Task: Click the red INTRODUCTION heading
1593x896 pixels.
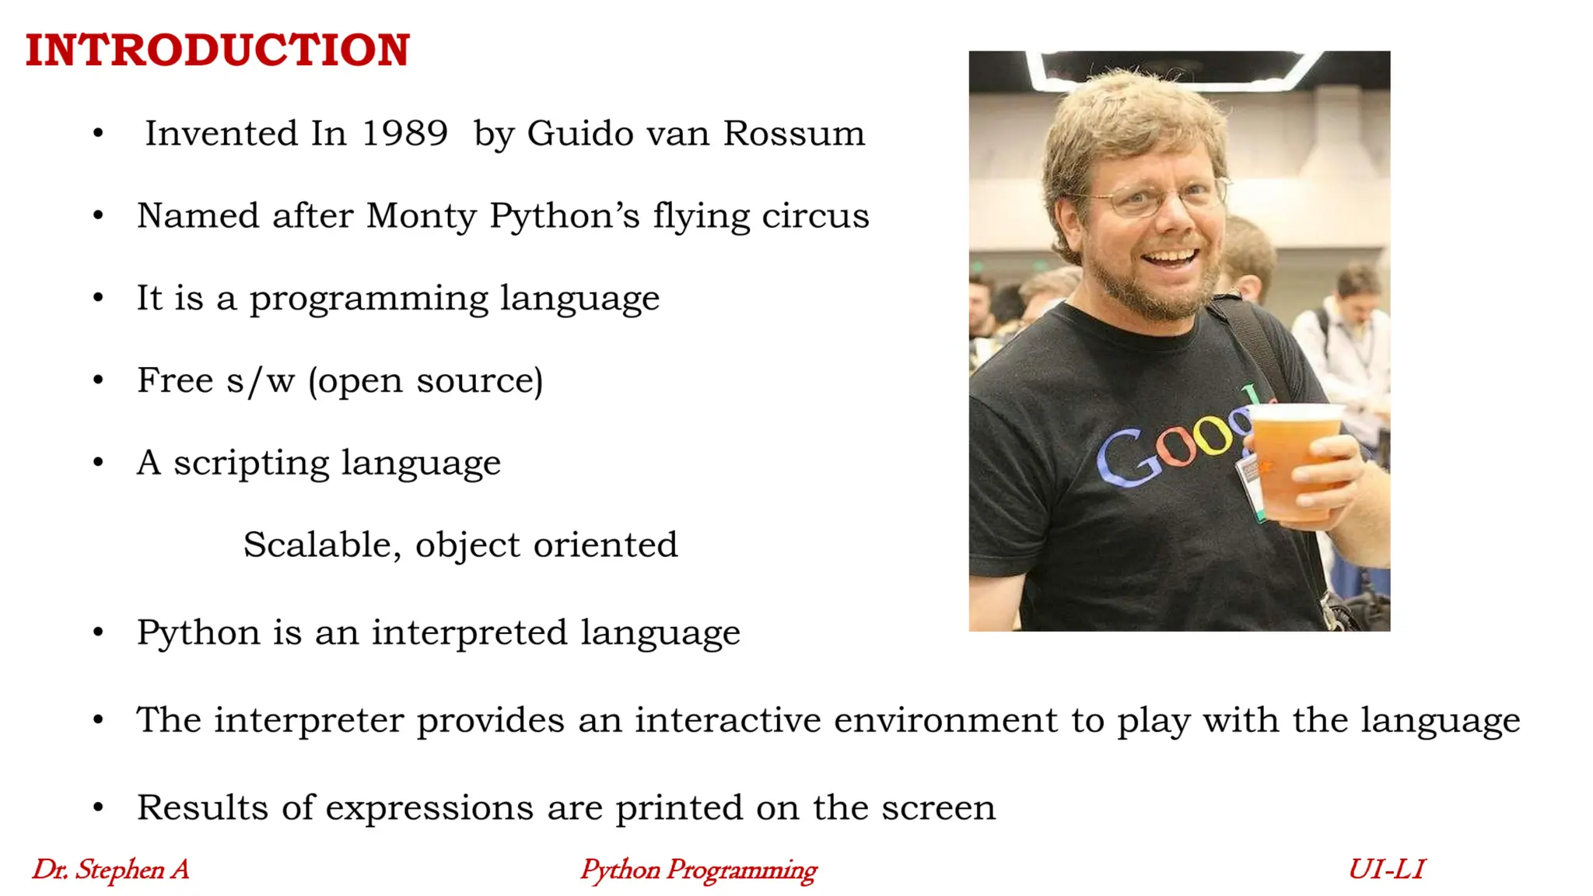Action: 217,50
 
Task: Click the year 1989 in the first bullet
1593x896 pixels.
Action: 404,133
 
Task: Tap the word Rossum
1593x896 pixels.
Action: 793,133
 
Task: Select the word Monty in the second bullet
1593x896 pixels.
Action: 421,215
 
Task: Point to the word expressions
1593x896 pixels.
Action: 429,807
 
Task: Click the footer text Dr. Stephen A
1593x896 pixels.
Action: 110,869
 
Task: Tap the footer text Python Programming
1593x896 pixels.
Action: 698,870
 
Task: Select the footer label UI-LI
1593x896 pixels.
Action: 1386,869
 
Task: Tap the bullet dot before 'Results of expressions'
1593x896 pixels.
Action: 98,807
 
